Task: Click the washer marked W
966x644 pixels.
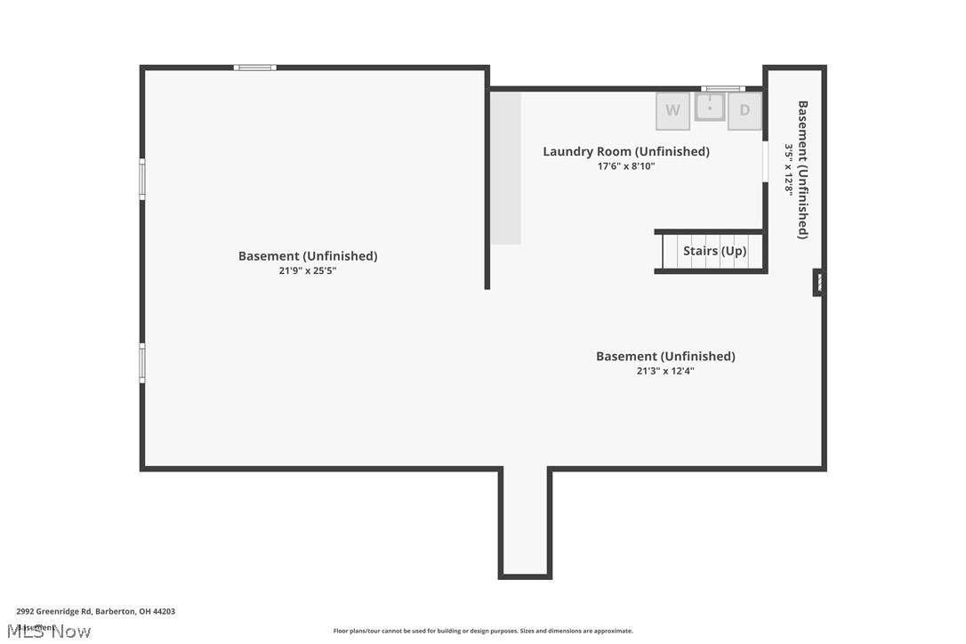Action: [672, 111]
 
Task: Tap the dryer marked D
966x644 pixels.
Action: [745, 111]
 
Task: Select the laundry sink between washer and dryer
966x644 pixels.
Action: [710, 108]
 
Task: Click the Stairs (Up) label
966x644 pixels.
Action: [714, 251]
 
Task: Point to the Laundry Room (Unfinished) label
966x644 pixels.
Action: [626, 151]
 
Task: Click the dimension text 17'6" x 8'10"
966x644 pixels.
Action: [626, 166]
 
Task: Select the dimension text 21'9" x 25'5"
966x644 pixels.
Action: [308, 270]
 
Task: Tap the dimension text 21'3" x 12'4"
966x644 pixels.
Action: [665, 371]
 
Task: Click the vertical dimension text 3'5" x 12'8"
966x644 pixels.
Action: [788, 169]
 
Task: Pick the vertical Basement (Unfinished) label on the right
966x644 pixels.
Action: [803, 169]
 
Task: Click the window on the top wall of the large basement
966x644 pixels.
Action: [255, 68]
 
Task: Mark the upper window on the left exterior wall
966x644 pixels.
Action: [141, 179]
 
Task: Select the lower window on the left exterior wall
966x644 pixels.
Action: [141, 363]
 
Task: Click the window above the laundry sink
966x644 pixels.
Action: [722, 88]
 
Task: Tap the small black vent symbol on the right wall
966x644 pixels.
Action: [818, 283]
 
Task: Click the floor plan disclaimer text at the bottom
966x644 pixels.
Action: [483, 631]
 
